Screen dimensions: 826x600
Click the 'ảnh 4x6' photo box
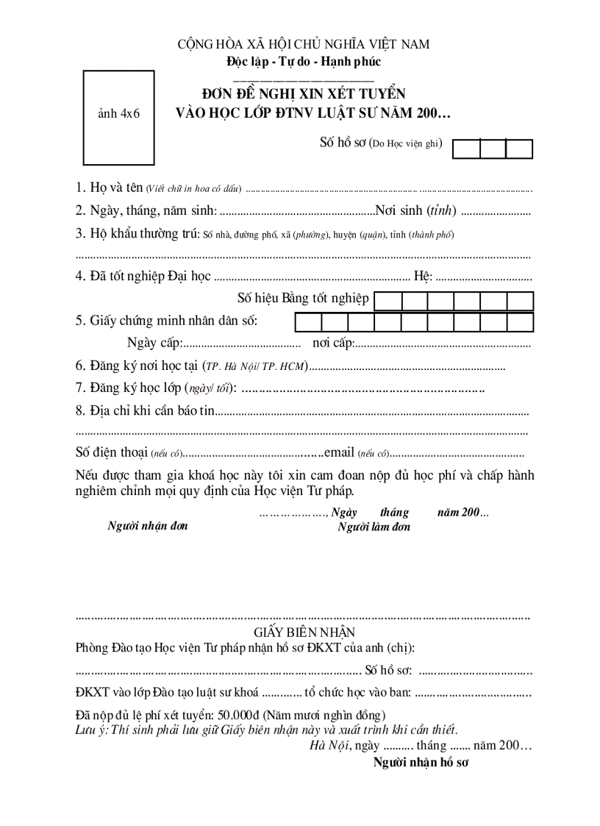click(x=118, y=114)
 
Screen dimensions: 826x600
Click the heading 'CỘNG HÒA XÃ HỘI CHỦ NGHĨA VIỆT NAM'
click(x=304, y=45)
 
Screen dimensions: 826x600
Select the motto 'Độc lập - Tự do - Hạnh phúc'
click(x=304, y=62)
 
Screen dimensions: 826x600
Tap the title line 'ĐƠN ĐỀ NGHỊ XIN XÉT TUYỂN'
click(x=304, y=95)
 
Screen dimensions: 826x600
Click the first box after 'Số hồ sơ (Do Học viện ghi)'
click(x=466, y=149)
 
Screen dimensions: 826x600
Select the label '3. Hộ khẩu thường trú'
click(x=137, y=235)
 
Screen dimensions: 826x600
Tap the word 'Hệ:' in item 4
click(x=424, y=277)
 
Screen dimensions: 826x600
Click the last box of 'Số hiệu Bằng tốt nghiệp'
click(x=519, y=302)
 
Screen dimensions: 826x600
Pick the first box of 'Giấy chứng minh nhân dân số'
click(x=309, y=322)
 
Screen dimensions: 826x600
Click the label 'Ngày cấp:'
click(x=154, y=343)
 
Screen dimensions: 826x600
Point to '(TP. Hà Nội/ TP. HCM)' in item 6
click(x=255, y=366)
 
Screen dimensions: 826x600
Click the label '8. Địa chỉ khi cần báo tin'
click(x=145, y=410)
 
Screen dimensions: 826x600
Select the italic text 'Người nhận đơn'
click(x=148, y=526)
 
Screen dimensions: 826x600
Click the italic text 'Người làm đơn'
click(x=374, y=527)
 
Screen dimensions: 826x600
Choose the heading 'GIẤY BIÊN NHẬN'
click(x=304, y=633)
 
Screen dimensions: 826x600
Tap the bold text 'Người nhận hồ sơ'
click(x=421, y=763)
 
